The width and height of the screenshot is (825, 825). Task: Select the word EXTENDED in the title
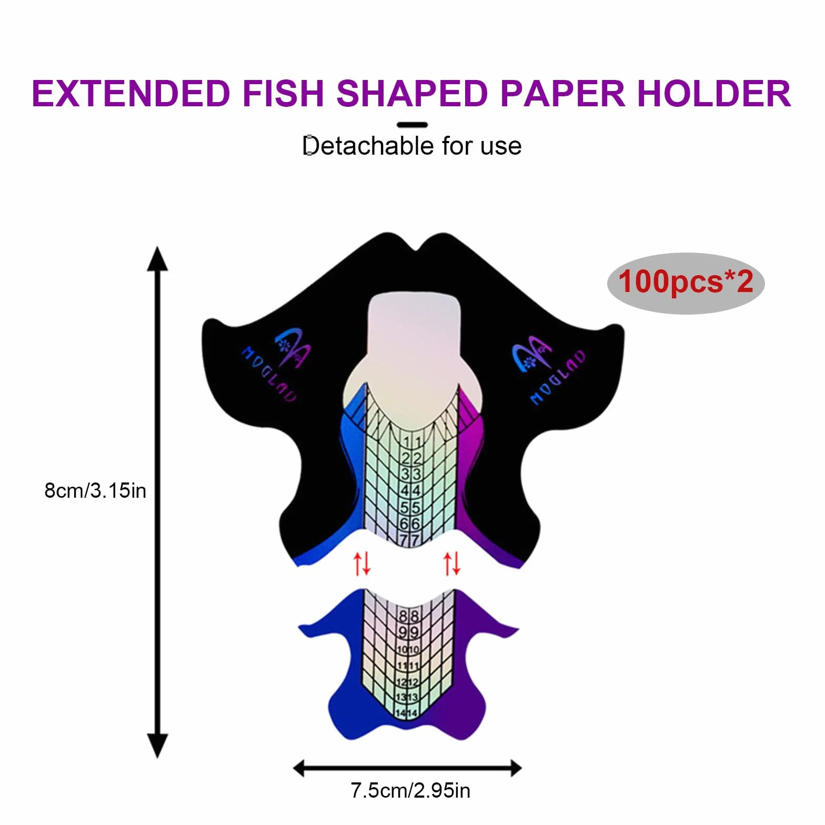[x=131, y=94]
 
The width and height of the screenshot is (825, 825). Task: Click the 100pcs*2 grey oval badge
[x=686, y=283]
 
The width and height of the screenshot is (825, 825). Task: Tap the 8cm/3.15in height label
[x=95, y=490]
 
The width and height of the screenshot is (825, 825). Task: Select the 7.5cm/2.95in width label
[x=410, y=791]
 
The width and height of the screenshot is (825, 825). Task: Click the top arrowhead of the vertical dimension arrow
[x=157, y=258]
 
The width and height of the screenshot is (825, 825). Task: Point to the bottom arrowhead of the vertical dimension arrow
[x=157, y=746]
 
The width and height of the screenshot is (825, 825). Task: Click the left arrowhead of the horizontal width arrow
[x=299, y=768]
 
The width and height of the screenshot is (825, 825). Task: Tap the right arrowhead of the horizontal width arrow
[x=515, y=768]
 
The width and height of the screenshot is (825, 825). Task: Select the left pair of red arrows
[x=362, y=563]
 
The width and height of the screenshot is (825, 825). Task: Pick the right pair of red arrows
[x=452, y=563]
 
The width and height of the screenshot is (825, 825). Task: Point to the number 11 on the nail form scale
[x=411, y=442]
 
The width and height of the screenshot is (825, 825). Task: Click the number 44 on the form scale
[x=410, y=491]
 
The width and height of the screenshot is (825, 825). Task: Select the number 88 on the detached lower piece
[x=409, y=616]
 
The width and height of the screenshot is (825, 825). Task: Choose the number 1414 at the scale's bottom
[x=407, y=713]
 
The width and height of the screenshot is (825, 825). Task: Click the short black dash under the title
[x=412, y=125]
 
